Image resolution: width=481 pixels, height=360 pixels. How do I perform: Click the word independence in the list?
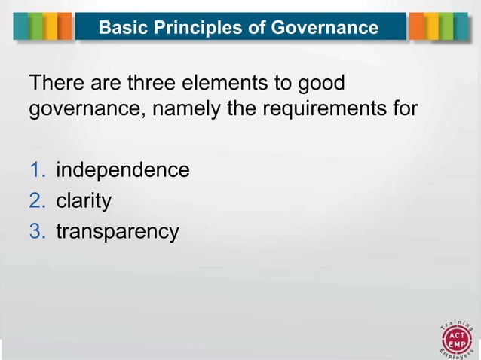coord(123,170)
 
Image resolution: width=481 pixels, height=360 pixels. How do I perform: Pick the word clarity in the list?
coord(84,201)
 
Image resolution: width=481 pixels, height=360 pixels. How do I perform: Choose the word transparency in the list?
coord(118,232)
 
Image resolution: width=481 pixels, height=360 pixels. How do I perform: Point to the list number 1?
coord(37,170)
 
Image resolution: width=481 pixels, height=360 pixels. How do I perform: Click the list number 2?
coord(38,201)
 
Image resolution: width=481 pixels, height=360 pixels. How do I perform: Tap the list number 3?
coord(38,231)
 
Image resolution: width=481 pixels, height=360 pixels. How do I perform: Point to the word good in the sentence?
coord(329,82)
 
